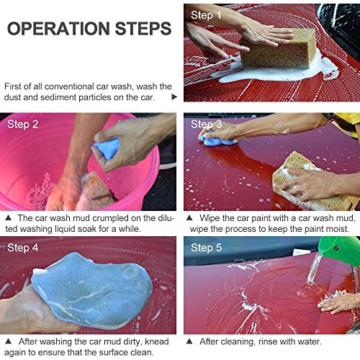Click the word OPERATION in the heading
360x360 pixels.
coord(58,29)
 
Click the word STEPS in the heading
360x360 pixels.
coord(143,29)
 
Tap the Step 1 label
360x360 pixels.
coord(206,15)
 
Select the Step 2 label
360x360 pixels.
coord(22,125)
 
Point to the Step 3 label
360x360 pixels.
coord(206,125)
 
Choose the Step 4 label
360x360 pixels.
coord(22,248)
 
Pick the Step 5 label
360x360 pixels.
coord(206,248)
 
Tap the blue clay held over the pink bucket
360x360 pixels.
coord(107,148)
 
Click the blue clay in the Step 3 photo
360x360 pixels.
coord(217,140)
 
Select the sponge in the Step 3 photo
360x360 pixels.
coord(312,182)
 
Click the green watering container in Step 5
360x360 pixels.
coord(341,251)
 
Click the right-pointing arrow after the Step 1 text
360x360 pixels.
coord(174,97)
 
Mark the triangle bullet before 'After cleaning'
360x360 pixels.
coord(189,341)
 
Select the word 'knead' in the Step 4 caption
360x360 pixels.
coord(157,341)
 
